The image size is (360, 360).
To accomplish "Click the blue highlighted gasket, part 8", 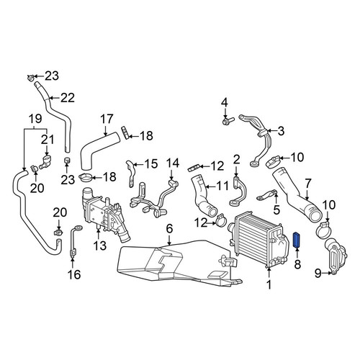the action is pyautogui.click(x=297, y=240).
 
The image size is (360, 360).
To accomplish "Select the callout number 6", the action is pyautogui.click(x=169, y=228).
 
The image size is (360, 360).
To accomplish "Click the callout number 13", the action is pyautogui.click(x=99, y=246).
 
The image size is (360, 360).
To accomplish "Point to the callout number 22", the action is pyautogui.click(x=68, y=98).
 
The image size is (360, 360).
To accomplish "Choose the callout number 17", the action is pyautogui.click(x=107, y=119).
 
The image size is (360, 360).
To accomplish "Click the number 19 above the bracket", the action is pyautogui.click(x=35, y=119).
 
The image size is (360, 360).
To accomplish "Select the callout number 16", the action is pyautogui.click(x=74, y=274).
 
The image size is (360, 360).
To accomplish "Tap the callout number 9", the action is pyautogui.click(x=318, y=273).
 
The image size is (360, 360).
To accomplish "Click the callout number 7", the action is pyautogui.click(x=308, y=184).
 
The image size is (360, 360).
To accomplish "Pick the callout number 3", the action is pyautogui.click(x=281, y=131).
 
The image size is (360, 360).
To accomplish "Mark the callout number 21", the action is pyautogui.click(x=48, y=140).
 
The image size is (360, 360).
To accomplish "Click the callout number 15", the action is pyautogui.click(x=151, y=163).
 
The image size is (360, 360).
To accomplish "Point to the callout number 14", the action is pyautogui.click(x=173, y=163).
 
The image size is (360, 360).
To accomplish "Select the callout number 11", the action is pyautogui.click(x=222, y=186).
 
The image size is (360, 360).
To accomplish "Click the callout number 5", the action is pyautogui.click(x=276, y=210).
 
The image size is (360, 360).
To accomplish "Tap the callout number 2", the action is pyautogui.click(x=236, y=160).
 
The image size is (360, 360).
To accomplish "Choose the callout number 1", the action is pyautogui.click(x=269, y=284).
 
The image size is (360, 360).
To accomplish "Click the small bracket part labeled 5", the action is pyautogui.click(x=267, y=194).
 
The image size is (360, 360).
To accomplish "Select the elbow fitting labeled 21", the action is pyautogui.click(x=45, y=161).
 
